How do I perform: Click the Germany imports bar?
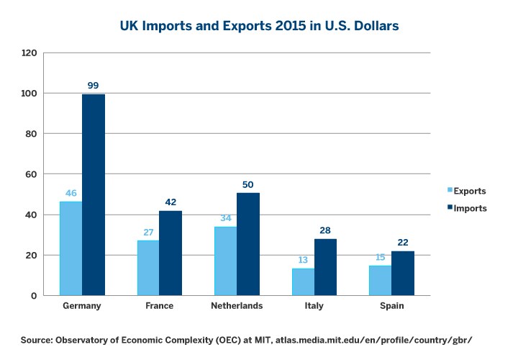pyautogui.click(x=94, y=194)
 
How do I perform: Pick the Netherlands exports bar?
pyautogui.click(x=224, y=261)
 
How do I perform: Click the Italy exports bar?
pyautogui.click(x=302, y=282)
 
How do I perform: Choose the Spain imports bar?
pyautogui.click(x=403, y=273)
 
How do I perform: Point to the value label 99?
pyautogui.click(x=93, y=86)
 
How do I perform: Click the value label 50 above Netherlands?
pyautogui.click(x=248, y=184)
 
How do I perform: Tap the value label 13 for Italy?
pyautogui.click(x=302, y=260)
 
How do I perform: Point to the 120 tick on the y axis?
pyautogui.click(x=29, y=53)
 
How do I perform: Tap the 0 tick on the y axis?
pyautogui.click(x=34, y=296)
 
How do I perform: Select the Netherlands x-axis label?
pyautogui.click(x=236, y=306)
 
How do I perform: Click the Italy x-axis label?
pyautogui.click(x=314, y=306)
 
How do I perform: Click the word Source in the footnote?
pyautogui.click(x=37, y=339)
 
